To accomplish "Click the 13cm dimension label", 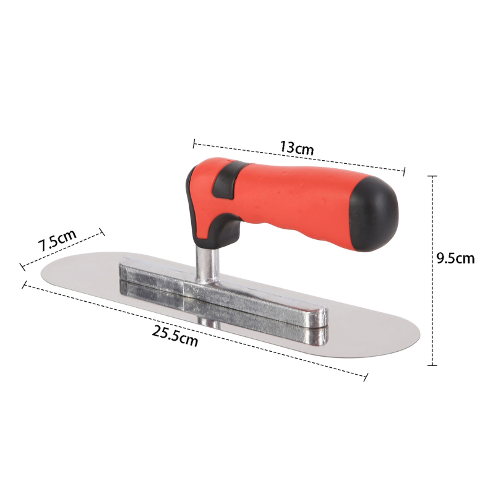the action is (297, 147).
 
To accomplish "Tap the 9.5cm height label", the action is (455, 258).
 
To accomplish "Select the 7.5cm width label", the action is (57, 240).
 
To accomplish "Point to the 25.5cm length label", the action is (175, 336).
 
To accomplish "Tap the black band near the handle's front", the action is (228, 181).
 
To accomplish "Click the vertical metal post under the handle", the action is (207, 264).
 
